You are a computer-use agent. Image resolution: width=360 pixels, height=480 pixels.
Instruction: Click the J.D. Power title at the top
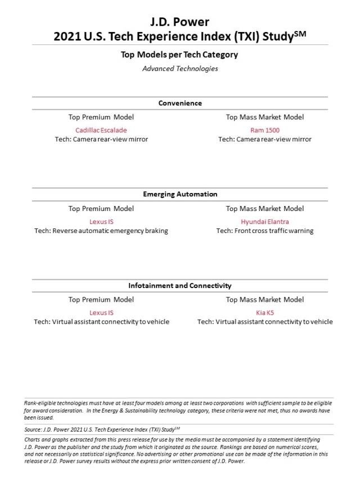(x=179, y=22)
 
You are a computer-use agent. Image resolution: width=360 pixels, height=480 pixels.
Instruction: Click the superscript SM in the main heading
(x=300, y=34)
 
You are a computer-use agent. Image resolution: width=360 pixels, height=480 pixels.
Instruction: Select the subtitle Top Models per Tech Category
(x=179, y=55)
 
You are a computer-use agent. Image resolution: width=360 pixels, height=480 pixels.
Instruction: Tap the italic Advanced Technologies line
(x=179, y=69)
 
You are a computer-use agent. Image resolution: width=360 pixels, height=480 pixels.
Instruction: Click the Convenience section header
(x=179, y=103)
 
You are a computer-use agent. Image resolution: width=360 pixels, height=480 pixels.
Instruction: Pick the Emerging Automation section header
(x=179, y=194)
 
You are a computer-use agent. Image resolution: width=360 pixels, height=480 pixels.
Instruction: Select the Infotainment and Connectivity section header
(x=179, y=285)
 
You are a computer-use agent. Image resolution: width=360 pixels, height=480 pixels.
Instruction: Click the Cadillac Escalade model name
(x=101, y=130)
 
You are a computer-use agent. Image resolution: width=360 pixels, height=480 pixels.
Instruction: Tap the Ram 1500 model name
(x=264, y=130)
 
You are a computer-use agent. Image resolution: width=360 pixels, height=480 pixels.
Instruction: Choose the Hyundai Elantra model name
(x=264, y=221)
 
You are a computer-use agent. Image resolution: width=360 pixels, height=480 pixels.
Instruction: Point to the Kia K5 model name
(x=264, y=312)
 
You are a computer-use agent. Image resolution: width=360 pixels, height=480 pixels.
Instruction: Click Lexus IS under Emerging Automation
(x=101, y=221)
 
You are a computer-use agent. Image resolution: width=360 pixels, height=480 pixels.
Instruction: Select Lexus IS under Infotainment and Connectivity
(x=101, y=312)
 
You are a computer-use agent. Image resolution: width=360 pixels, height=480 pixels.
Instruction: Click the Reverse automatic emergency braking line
(x=101, y=231)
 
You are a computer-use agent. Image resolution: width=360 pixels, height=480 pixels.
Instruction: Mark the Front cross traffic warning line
(x=264, y=231)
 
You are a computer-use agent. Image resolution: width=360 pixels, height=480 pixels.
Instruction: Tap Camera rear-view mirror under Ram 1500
(x=264, y=139)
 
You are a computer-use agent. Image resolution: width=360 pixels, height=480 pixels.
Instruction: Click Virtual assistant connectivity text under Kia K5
(x=264, y=322)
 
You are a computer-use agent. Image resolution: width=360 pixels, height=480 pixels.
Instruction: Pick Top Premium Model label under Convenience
(x=101, y=117)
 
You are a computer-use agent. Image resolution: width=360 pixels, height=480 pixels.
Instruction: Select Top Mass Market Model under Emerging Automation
(x=264, y=208)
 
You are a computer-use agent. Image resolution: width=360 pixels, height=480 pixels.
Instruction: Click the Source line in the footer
(x=102, y=429)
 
